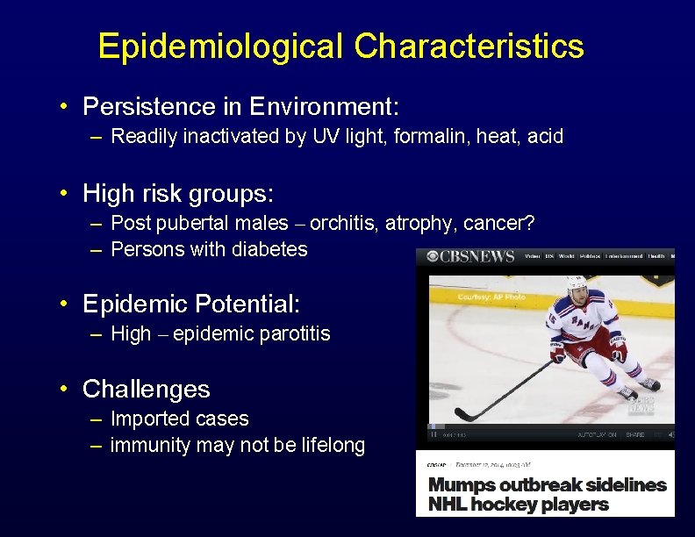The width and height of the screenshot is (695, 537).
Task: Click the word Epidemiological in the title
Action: pos(220,47)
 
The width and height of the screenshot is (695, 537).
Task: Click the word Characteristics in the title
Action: pos(469,47)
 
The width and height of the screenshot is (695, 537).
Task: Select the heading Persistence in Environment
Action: pos(240,107)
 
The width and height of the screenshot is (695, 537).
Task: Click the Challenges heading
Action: pos(146,389)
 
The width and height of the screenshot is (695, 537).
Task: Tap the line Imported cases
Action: pos(180,419)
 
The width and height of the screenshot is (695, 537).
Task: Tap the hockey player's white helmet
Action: pos(577,284)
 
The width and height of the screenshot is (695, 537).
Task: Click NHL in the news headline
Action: pos(447,505)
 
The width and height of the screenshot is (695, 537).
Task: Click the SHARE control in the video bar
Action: pos(634,434)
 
